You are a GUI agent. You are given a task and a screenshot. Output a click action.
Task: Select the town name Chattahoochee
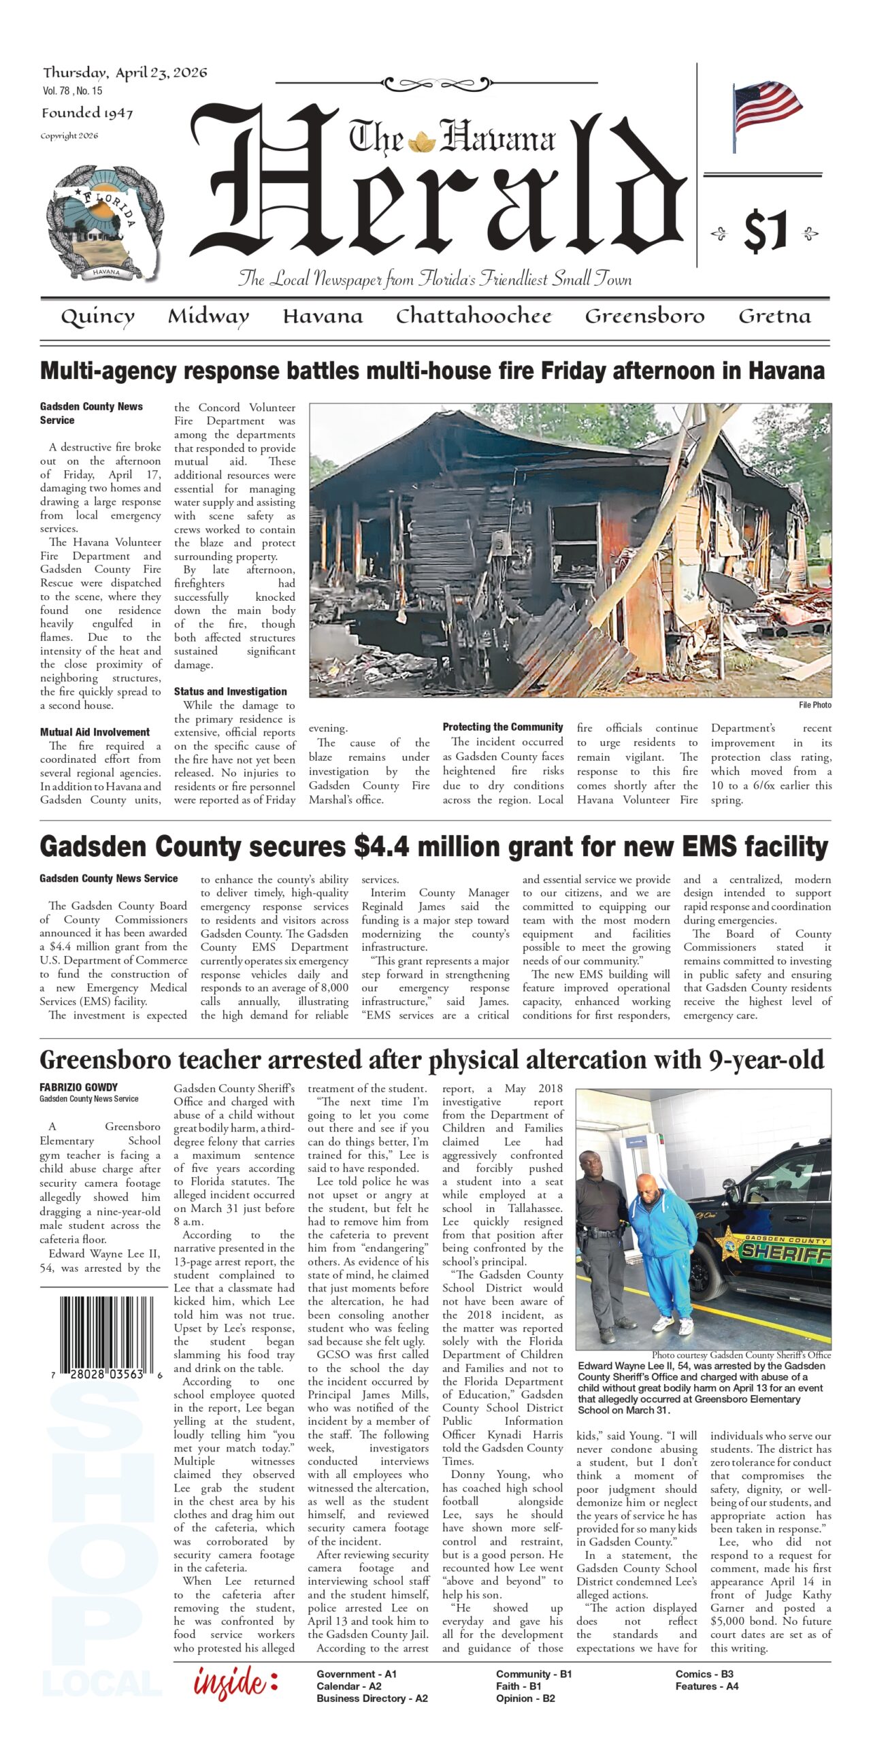pyautogui.click(x=474, y=316)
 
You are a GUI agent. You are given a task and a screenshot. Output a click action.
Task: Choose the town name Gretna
pyautogui.click(x=774, y=316)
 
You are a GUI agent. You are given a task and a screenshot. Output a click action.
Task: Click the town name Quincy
pyautogui.click(x=97, y=317)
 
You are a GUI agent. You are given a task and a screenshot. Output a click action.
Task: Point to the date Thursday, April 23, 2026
pyautogui.click(x=125, y=73)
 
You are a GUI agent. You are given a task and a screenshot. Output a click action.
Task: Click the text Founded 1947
pyautogui.click(x=87, y=113)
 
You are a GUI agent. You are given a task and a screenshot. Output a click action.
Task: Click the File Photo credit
pyautogui.click(x=815, y=705)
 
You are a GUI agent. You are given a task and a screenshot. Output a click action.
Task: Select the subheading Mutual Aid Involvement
pyautogui.click(x=95, y=732)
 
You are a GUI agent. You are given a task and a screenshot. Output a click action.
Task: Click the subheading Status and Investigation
pyautogui.click(x=230, y=691)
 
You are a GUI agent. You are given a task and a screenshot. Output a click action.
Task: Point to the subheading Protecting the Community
pyautogui.click(x=503, y=727)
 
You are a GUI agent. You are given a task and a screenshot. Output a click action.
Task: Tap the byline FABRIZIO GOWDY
pyautogui.click(x=78, y=1087)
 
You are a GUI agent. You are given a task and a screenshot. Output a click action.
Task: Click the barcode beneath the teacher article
pyautogui.click(x=105, y=1335)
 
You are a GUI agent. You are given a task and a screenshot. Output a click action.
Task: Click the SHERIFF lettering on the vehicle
pyautogui.click(x=785, y=1251)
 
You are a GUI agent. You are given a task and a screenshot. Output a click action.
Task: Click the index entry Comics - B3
pyautogui.click(x=704, y=1674)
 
